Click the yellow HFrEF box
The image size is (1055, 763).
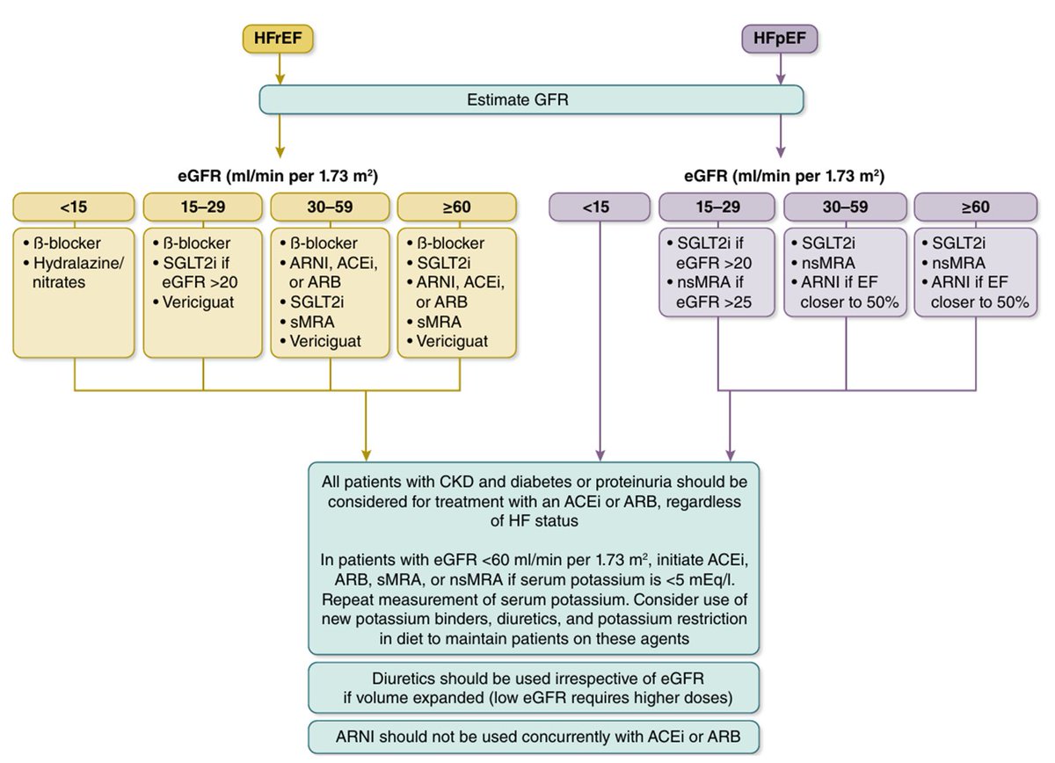coord(278,39)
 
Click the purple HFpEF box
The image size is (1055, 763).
coord(780,39)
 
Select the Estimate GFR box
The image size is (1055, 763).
coord(531,100)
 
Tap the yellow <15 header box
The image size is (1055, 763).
coord(74,207)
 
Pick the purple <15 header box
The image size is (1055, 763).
coord(600,207)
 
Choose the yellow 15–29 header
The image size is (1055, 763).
coord(203,207)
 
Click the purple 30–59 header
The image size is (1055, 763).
coord(846,207)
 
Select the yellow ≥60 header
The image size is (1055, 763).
coord(457,207)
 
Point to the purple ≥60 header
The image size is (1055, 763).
coord(975,207)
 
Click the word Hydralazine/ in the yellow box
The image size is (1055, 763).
coord(78,263)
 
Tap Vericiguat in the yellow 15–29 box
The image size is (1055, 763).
coord(199,302)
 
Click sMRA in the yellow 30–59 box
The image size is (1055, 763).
coord(312,322)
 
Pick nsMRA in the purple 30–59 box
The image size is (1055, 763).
coord(828,263)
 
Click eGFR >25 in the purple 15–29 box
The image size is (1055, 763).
coord(714,302)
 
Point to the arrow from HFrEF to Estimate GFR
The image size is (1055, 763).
coord(280,69)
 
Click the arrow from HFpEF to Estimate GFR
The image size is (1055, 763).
coord(781,69)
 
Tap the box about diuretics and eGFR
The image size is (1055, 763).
coord(534,687)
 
